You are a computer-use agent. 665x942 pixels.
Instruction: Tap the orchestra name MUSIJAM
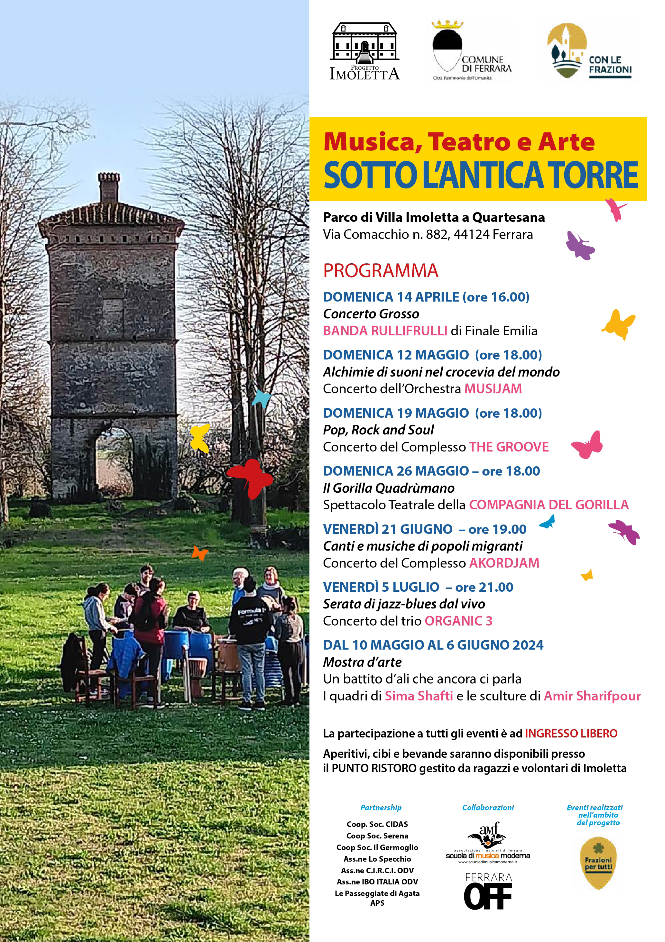tap(493, 388)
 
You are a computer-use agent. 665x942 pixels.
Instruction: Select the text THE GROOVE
tap(509, 447)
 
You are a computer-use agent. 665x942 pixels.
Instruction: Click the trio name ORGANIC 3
tap(458, 621)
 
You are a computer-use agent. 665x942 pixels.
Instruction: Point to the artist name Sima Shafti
tap(418, 696)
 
